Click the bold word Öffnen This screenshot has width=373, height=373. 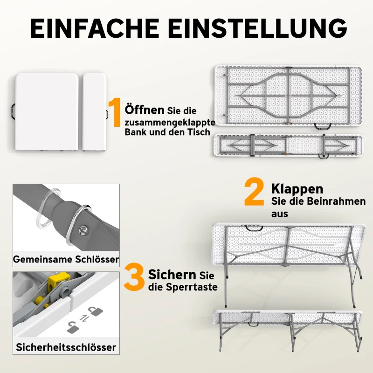(145, 110)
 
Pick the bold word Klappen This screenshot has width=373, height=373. (297, 189)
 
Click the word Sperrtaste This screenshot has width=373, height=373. (192, 287)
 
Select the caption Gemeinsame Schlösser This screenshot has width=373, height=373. (66, 259)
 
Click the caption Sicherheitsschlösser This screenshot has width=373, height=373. (66, 347)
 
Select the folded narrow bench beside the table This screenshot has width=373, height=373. (94, 112)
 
